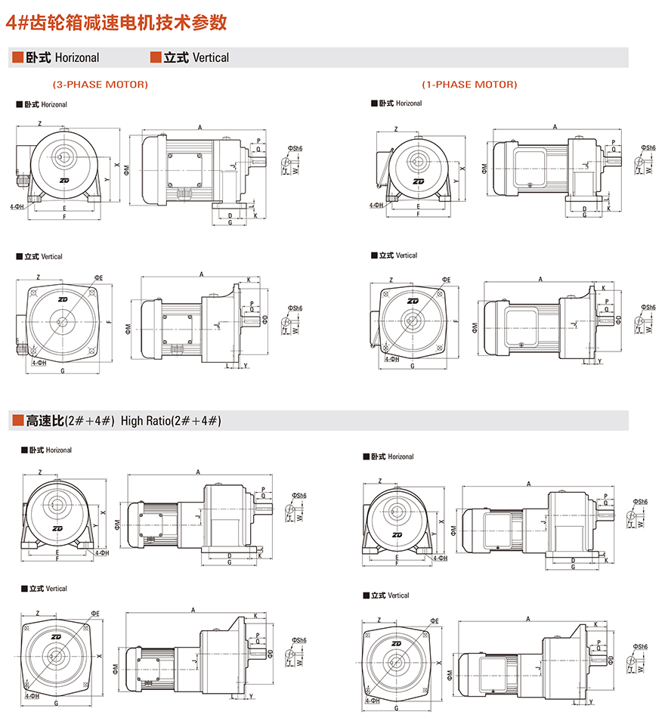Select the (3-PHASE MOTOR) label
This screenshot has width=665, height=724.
[x=100, y=84]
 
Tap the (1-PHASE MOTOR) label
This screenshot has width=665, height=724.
[x=469, y=84]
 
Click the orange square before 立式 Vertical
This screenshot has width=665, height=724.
[x=156, y=57]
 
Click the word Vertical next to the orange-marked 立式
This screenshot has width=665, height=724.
[x=210, y=57]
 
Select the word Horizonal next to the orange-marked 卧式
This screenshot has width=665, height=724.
[x=76, y=57]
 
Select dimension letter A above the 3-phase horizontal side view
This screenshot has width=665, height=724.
[x=199, y=127]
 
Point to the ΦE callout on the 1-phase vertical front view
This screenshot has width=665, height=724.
[x=445, y=280]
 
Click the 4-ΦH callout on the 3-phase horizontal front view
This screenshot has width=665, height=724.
[x=17, y=206]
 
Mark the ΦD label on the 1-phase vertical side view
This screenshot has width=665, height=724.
[x=618, y=320]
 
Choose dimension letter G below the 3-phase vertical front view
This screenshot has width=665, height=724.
[x=62, y=371]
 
